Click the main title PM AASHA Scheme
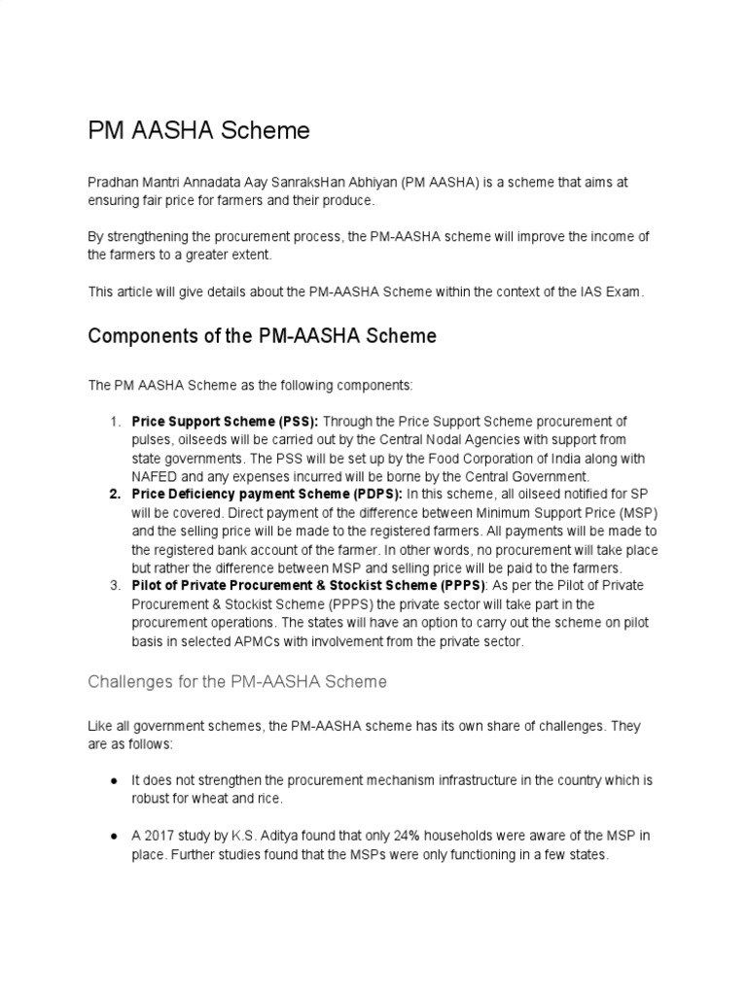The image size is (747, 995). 198,130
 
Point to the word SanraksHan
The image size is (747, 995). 338,183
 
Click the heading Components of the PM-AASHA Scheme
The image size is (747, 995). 262,336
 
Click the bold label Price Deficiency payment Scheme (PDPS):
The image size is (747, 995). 267,495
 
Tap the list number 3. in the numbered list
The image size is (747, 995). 115,586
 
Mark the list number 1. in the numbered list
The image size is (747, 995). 115,421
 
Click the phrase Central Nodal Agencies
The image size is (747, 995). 439,439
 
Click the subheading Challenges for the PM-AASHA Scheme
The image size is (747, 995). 236,682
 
